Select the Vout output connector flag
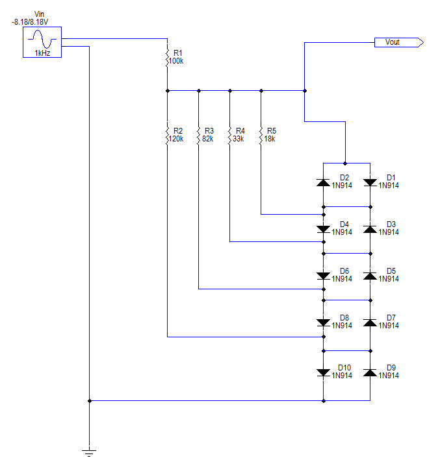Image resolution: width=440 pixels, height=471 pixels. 398,43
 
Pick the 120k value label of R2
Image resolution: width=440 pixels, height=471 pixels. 175,139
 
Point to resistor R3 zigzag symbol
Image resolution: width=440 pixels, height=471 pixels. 199,135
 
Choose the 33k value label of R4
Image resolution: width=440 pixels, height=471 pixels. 237,139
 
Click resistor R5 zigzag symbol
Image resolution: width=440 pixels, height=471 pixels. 261,135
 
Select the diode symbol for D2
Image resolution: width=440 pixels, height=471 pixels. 323,183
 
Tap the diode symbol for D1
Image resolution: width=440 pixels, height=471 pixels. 370,183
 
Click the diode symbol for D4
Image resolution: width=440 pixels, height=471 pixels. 323,230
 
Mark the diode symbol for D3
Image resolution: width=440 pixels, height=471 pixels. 370,230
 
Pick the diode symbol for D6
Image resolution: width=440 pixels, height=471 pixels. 323,276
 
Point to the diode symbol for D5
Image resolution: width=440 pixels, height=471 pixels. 370,276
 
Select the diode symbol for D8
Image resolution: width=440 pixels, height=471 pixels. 323,323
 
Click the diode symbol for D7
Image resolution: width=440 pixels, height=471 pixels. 370,323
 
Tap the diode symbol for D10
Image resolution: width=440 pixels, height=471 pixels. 323,372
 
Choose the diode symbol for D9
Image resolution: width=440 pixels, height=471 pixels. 370,372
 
